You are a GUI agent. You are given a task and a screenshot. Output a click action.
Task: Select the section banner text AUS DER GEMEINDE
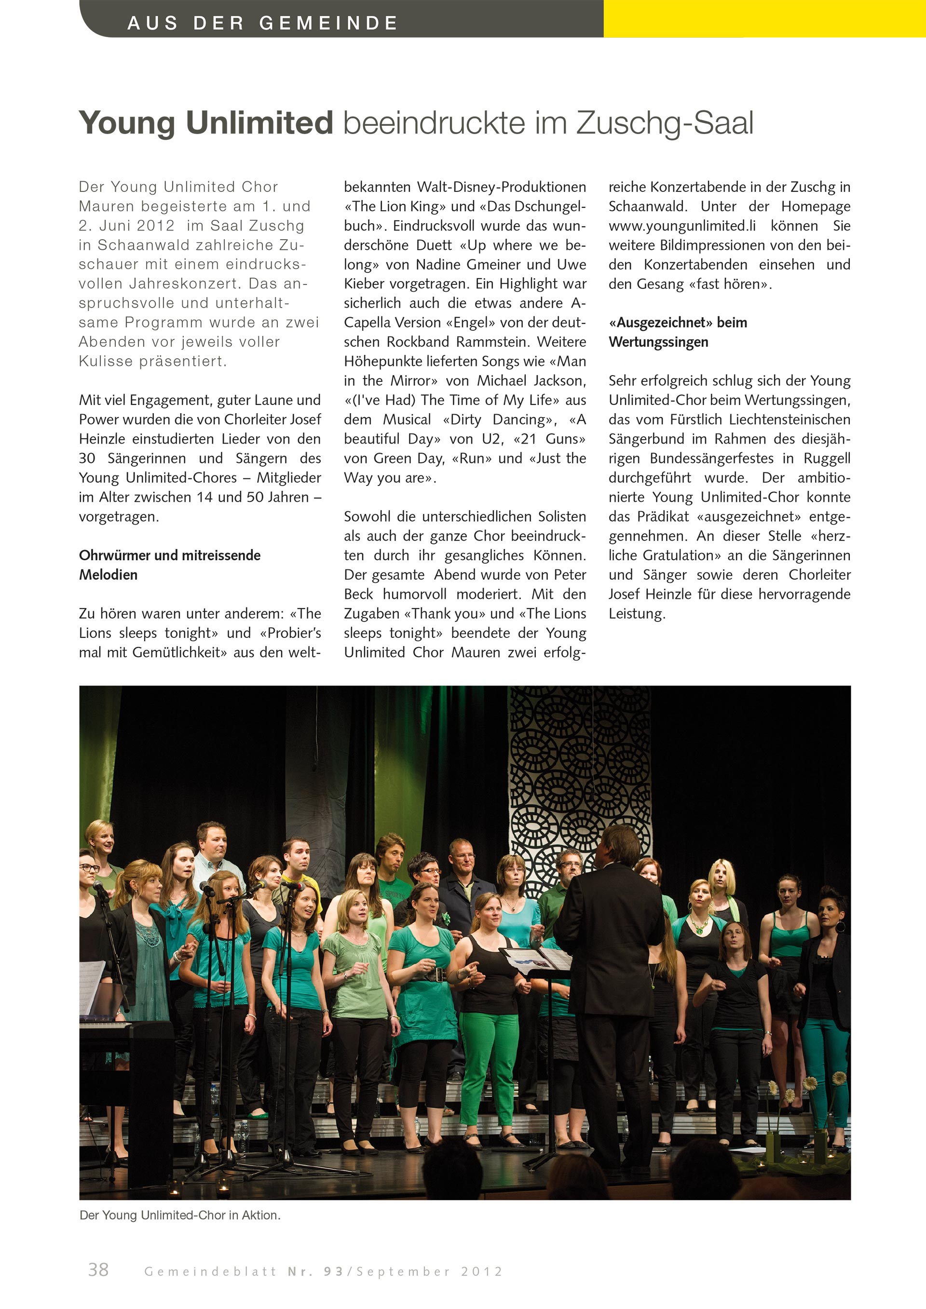[262, 23]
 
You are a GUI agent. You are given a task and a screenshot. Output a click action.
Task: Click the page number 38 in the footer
[98, 1269]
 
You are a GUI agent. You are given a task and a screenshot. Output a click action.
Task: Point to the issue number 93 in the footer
[334, 1272]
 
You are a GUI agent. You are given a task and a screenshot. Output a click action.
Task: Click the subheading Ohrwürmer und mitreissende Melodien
[169, 565]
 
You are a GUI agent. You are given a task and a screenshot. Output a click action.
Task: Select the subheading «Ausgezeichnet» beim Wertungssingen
[678, 332]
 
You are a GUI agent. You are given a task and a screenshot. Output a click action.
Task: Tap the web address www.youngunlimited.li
[682, 226]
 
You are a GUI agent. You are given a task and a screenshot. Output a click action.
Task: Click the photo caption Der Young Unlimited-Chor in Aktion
[179, 1215]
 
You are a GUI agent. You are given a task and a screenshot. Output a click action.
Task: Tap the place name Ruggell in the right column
[827, 459]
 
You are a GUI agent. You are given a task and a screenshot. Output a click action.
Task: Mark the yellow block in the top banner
[764, 18]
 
